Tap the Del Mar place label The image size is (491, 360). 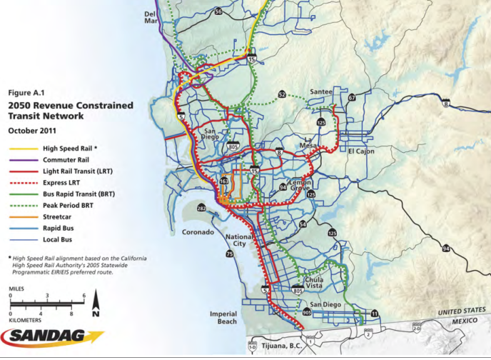click(151, 18)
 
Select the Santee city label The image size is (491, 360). click(323, 92)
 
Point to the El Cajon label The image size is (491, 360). click(362, 151)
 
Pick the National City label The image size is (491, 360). click(239, 241)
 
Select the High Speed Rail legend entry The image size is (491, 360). click(70, 148)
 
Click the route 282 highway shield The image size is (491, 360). click(201, 208)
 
